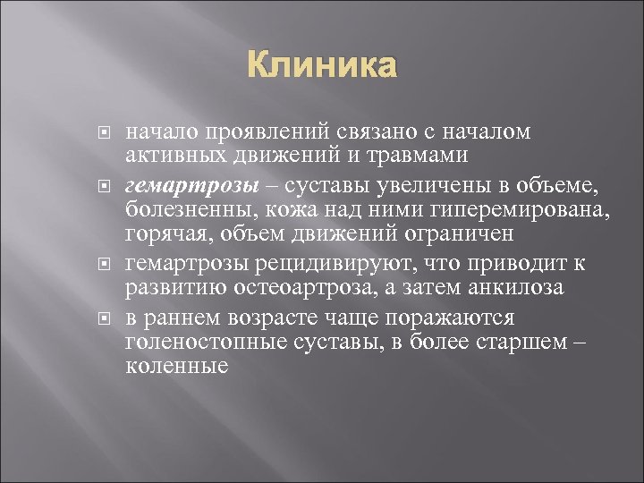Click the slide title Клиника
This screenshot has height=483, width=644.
321,67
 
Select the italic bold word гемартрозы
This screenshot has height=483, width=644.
178,185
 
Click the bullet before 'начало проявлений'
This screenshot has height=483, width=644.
104,132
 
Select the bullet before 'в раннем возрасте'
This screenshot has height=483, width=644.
104,318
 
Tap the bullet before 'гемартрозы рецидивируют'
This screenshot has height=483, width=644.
104,265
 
